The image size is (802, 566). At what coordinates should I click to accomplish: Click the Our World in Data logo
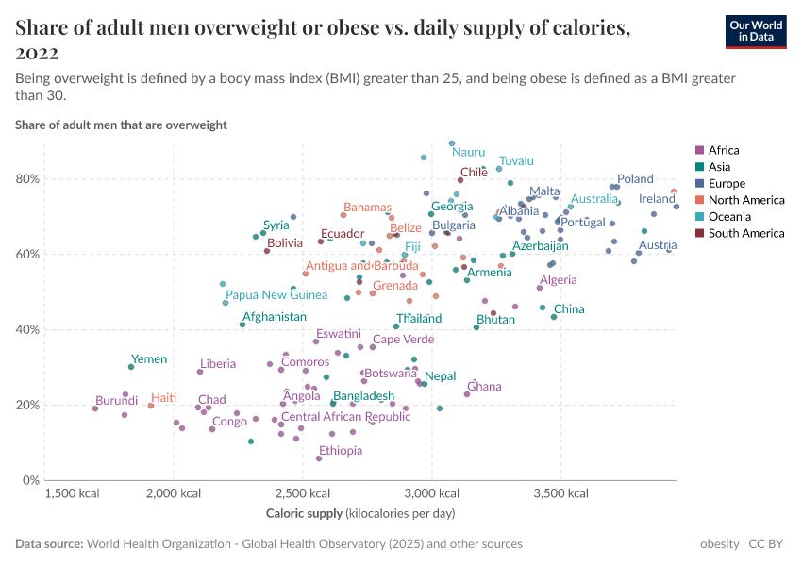756,31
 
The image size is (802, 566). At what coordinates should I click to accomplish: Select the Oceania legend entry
727,217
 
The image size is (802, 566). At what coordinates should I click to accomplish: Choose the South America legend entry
740,233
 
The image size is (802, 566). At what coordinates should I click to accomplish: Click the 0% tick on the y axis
30,480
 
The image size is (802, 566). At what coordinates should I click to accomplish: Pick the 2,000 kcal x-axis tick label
174,493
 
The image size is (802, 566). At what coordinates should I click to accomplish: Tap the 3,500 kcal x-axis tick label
560,493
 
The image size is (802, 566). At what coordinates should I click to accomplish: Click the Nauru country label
468,152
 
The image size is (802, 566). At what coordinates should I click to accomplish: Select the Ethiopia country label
341,451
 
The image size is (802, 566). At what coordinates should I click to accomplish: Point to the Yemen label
149,359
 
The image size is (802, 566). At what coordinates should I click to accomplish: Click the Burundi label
117,400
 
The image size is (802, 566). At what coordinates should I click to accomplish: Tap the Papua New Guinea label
276,295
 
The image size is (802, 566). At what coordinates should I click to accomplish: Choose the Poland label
635,179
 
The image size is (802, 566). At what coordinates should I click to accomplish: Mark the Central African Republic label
346,417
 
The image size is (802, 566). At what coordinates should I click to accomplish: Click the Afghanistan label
275,317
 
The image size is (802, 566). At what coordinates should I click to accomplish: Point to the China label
569,309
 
